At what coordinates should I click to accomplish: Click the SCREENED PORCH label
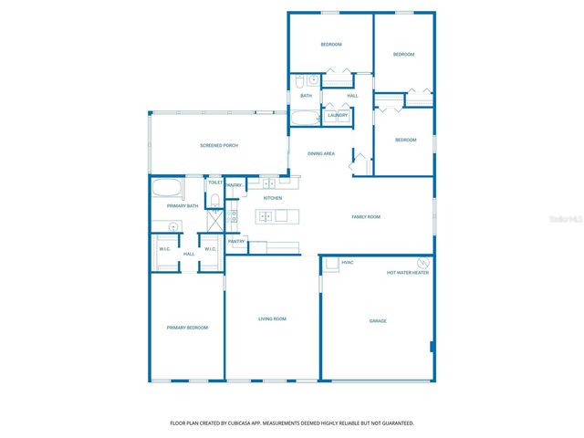[x=219, y=145]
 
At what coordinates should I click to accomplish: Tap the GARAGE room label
[x=378, y=320]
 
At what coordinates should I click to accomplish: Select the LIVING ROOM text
[x=272, y=318]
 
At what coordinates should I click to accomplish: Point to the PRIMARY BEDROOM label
[x=187, y=328]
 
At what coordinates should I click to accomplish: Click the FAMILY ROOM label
[x=366, y=216]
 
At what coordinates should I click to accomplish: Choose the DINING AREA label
[x=321, y=153]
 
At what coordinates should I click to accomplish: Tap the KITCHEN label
[x=273, y=198]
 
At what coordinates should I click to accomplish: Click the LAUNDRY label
[x=338, y=115]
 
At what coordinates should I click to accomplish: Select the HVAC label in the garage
[x=348, y=263]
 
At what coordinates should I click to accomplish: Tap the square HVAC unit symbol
[x=330, y=264]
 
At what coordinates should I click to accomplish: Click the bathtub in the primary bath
[x=167, y=191]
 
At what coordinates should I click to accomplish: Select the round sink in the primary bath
[x=173, y=226]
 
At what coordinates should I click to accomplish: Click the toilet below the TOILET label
[x=214, y=194]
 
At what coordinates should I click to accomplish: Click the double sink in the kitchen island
[x=265, y=216]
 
